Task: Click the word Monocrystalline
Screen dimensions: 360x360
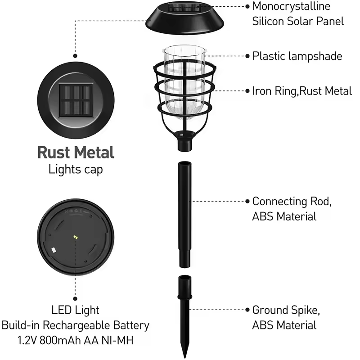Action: [291, 6]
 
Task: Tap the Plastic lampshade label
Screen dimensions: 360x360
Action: [297, 56]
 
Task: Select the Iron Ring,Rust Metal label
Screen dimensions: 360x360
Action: [302, 91]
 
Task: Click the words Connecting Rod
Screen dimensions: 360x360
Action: [292, 201]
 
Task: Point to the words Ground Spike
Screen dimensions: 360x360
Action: [286, 310]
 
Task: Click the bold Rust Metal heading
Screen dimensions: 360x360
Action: [76, 153]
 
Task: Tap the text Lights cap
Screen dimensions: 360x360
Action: [76, 170]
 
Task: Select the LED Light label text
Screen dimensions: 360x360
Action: [75, 310]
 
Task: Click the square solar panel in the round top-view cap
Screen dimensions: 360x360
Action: [76, 100]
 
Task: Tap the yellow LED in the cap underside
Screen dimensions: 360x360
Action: [76, 237]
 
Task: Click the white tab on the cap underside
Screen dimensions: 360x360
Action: [54, 250]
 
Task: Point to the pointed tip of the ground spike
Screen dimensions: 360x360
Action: [185, 357]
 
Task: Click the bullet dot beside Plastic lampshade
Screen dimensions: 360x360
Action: [247, 56]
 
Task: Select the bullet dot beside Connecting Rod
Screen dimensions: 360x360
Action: [247, 201]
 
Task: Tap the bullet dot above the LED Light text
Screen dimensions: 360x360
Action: [75, 299]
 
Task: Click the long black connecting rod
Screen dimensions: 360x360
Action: [185, 215]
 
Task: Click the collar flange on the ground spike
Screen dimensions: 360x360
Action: [185, 297]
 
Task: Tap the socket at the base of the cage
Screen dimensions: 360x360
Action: [184, 141]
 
